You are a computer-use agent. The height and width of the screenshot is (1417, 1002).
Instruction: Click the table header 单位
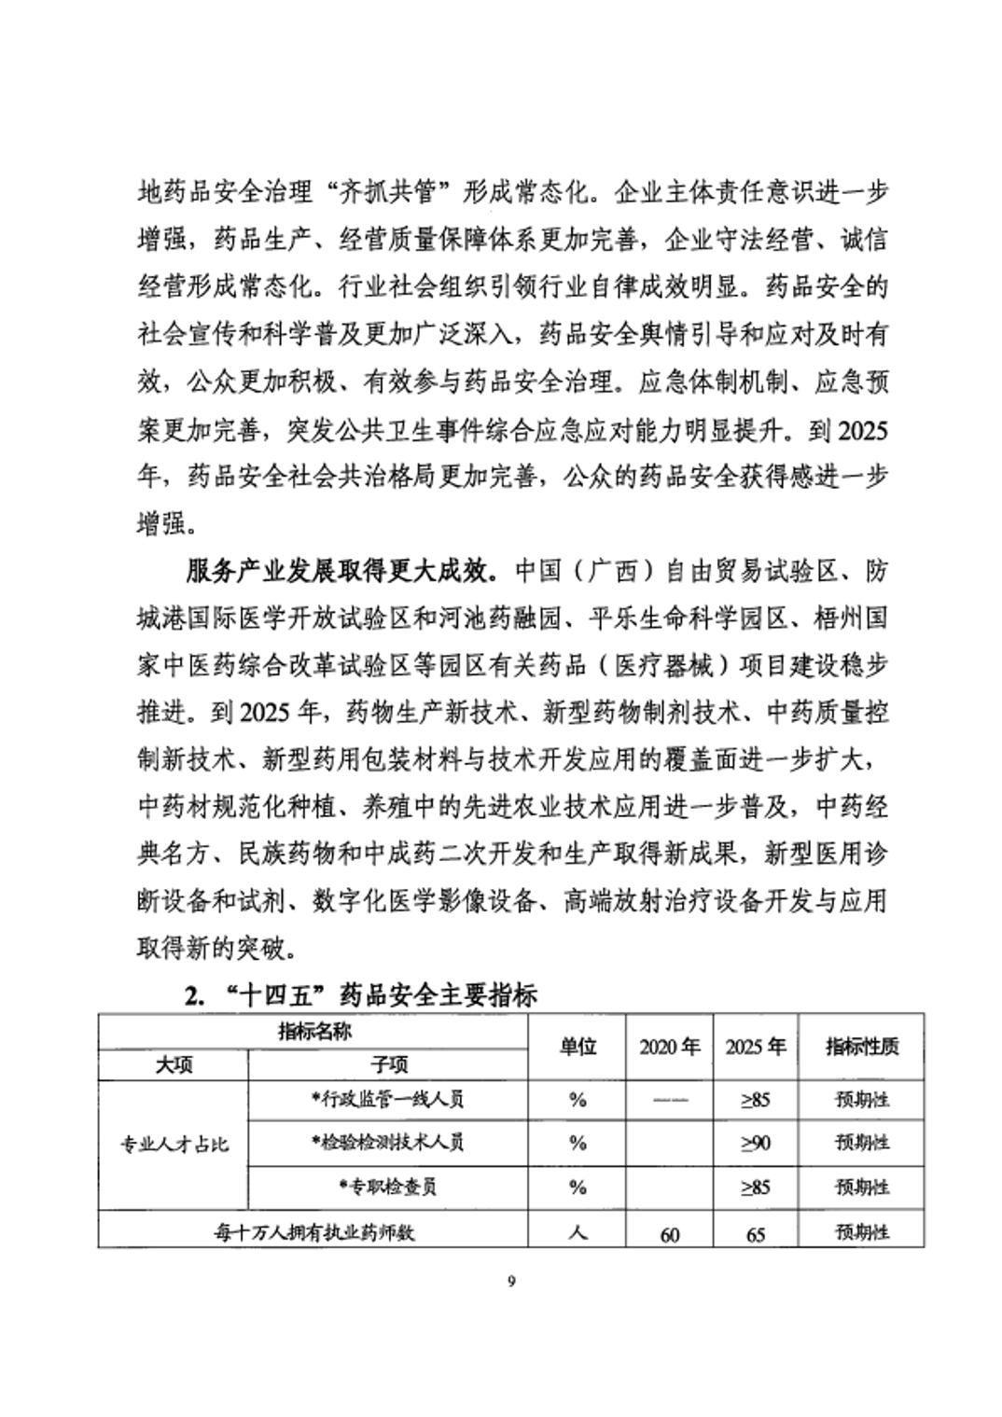click(578, 1047)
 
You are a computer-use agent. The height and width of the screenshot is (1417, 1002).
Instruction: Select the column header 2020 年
click(669, 1047)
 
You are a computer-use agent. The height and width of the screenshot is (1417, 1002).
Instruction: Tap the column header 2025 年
click(756, 1047)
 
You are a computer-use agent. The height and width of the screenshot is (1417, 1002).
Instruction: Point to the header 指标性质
click(862, 1047)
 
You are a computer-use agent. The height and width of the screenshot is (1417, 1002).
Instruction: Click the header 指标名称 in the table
click(314, 1032)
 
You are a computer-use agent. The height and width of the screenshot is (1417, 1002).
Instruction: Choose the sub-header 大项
click(174, 1064)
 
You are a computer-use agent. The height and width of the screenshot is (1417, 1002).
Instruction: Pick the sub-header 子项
click(389, 1064)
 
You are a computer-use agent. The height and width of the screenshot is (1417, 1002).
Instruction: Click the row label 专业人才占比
click(174, 1144)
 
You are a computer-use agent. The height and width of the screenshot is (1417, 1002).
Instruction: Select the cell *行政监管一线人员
click(388, 1099)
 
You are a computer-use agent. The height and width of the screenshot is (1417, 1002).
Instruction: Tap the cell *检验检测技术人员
click(388, 1143)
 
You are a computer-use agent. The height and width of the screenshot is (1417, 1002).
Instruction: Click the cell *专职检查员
click(388, 1187)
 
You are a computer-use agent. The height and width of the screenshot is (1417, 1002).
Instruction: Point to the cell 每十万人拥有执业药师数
click(313, 1232)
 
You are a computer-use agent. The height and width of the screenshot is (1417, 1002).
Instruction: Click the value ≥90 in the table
click(756, 1143)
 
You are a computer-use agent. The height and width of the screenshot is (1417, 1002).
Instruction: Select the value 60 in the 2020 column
click(669, 1234)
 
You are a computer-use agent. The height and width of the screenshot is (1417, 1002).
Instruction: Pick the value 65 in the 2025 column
click(756, 1234)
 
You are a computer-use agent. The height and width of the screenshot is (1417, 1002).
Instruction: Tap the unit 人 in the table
click(578, 1232)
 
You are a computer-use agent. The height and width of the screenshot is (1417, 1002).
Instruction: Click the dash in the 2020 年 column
click(669, 1099)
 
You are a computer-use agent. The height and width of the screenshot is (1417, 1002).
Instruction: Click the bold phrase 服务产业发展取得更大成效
click(343, 570)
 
